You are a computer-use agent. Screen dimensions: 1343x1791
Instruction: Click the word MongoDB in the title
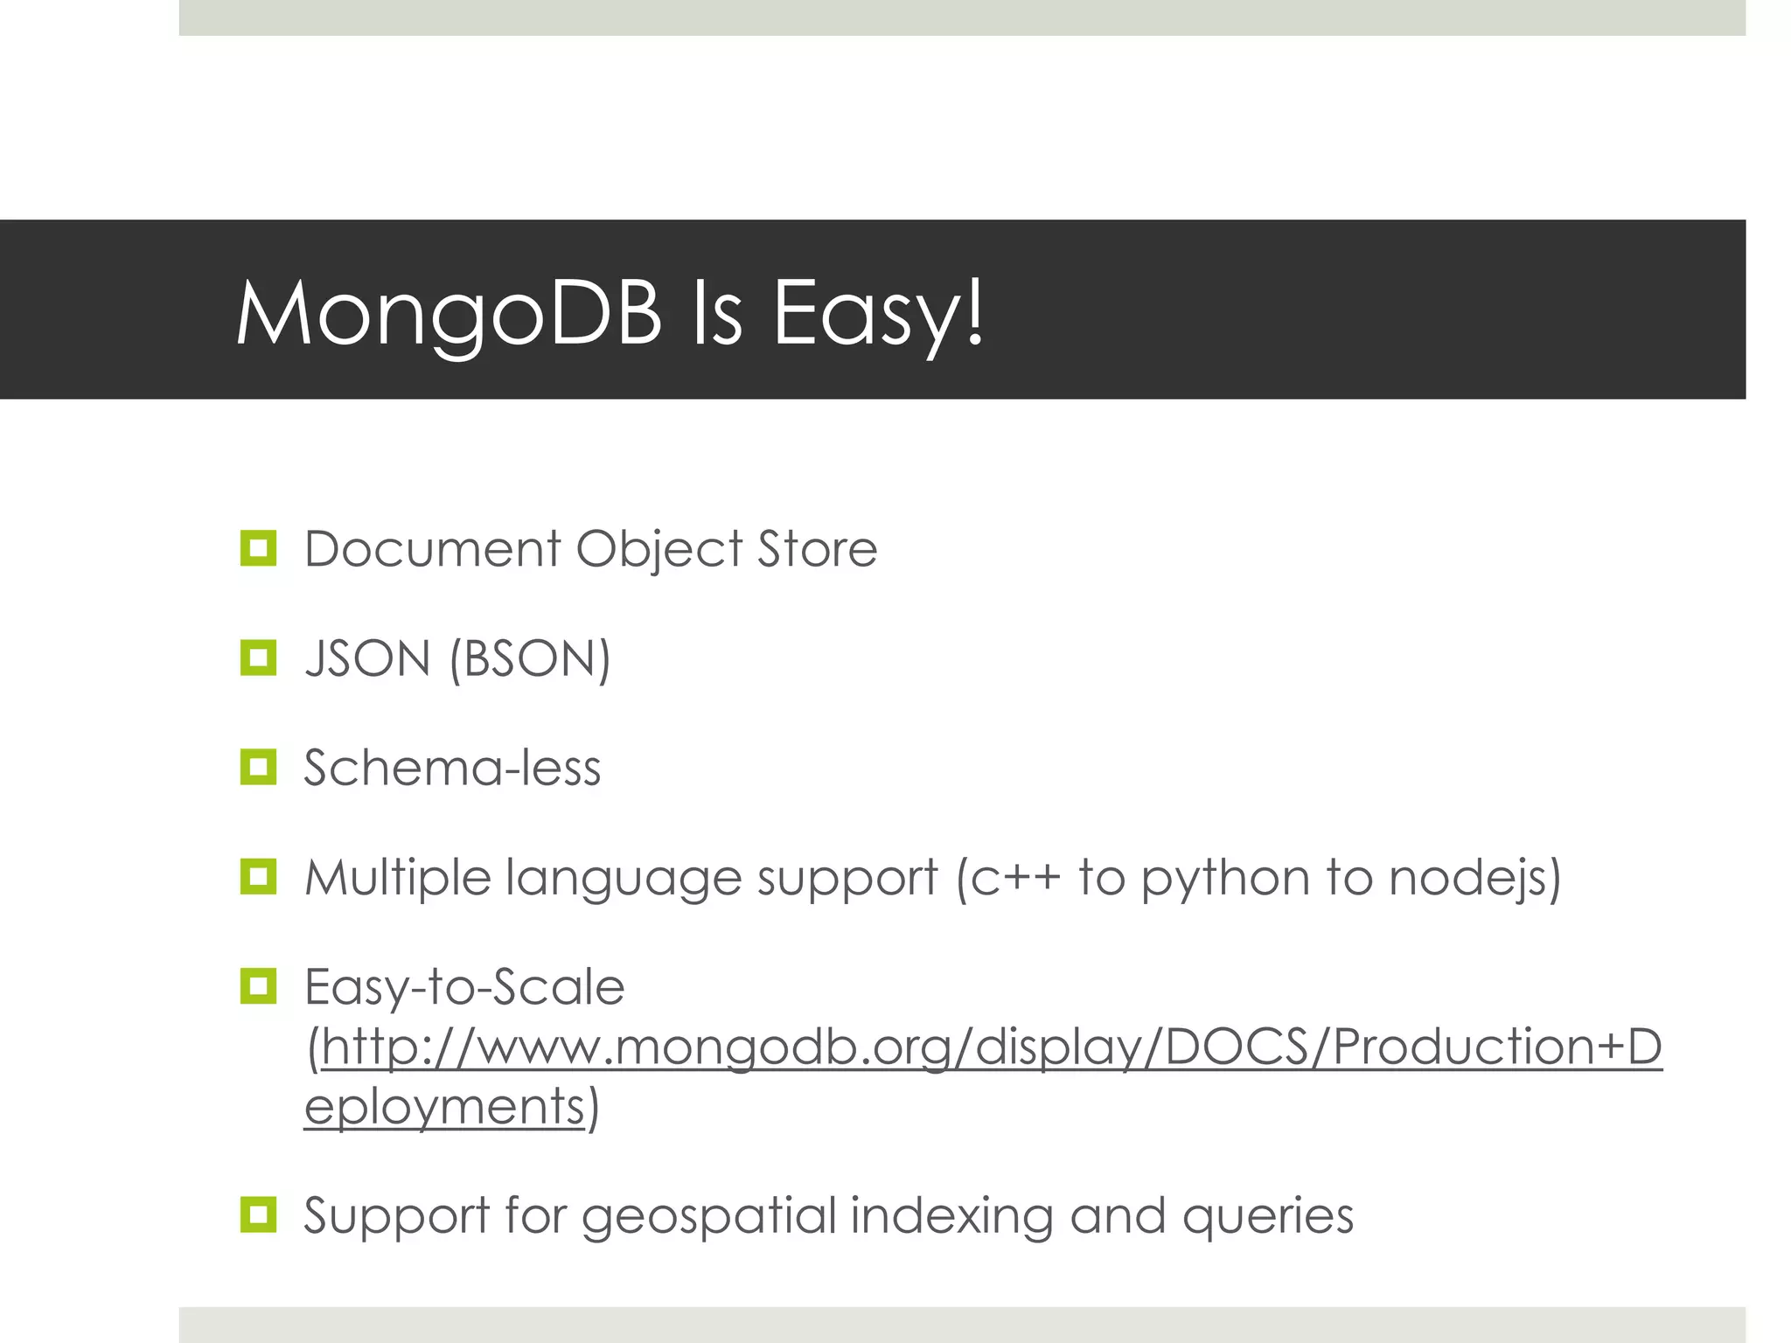(x=449, y=313)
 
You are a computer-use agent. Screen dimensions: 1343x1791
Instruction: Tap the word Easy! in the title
(x=879, y=313)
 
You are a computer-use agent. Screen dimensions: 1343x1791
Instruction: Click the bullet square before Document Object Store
(x=258, y=548)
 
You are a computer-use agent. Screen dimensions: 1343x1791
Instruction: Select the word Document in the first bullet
(x=432, y=549)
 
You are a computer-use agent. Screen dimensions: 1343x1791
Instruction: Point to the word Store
(x=817, y=549)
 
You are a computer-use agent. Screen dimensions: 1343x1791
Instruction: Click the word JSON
(x=368, y=658)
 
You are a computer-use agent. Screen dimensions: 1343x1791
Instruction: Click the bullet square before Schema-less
(x=258, y=767)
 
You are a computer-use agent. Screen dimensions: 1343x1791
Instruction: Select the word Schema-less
(x=452, y=768)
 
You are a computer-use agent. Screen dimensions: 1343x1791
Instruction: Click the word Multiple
(x=397, y=877)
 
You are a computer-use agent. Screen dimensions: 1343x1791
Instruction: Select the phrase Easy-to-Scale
(x=464, y=987)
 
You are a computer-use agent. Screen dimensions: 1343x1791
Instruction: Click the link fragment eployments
(x=444, y=1106)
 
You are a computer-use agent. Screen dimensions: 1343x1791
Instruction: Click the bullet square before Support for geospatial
(x=258, y=1214)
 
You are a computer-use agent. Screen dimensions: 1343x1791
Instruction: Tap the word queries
(x=1267, y=1216)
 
